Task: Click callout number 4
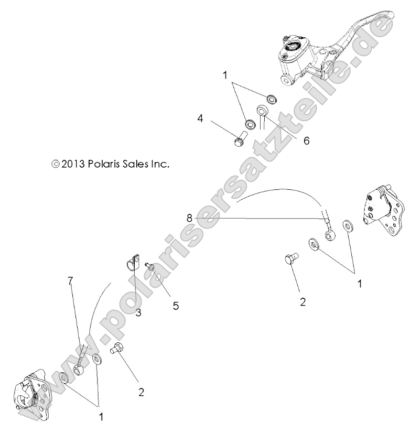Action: coord(200,119)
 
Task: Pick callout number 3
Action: coord(138,313)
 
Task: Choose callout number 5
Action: coord(176,305)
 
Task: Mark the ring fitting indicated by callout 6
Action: coord(262,112)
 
